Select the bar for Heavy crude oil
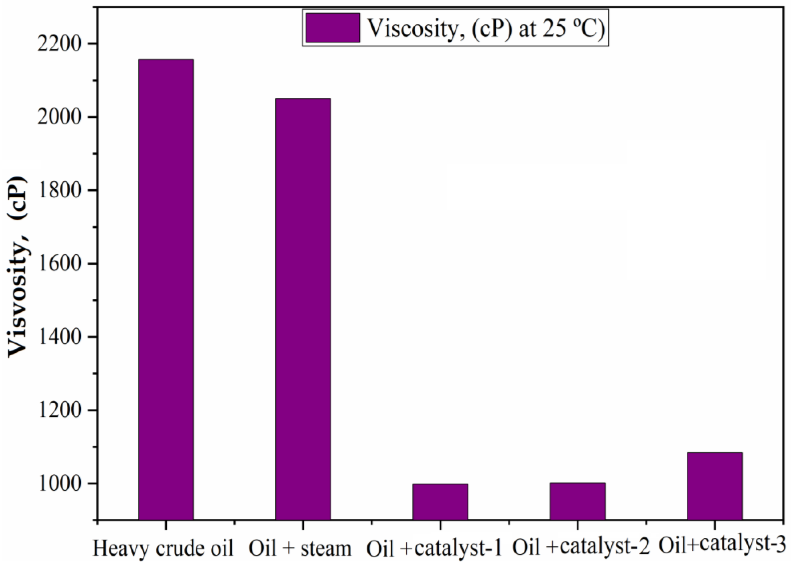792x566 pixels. (x=166, y=289)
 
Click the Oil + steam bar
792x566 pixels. (x=303, y=308)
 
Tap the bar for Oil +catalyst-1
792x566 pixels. (x=440, y=501)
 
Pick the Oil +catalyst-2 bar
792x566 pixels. (x=577, y=501)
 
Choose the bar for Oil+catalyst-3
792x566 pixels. (x=714, y=486)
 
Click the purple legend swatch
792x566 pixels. (x=333, y=28)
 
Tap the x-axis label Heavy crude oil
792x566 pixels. (x=163, y=548)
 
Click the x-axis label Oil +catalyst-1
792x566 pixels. (x=434, y=548)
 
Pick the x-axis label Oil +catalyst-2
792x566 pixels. (x=581, y=548)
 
